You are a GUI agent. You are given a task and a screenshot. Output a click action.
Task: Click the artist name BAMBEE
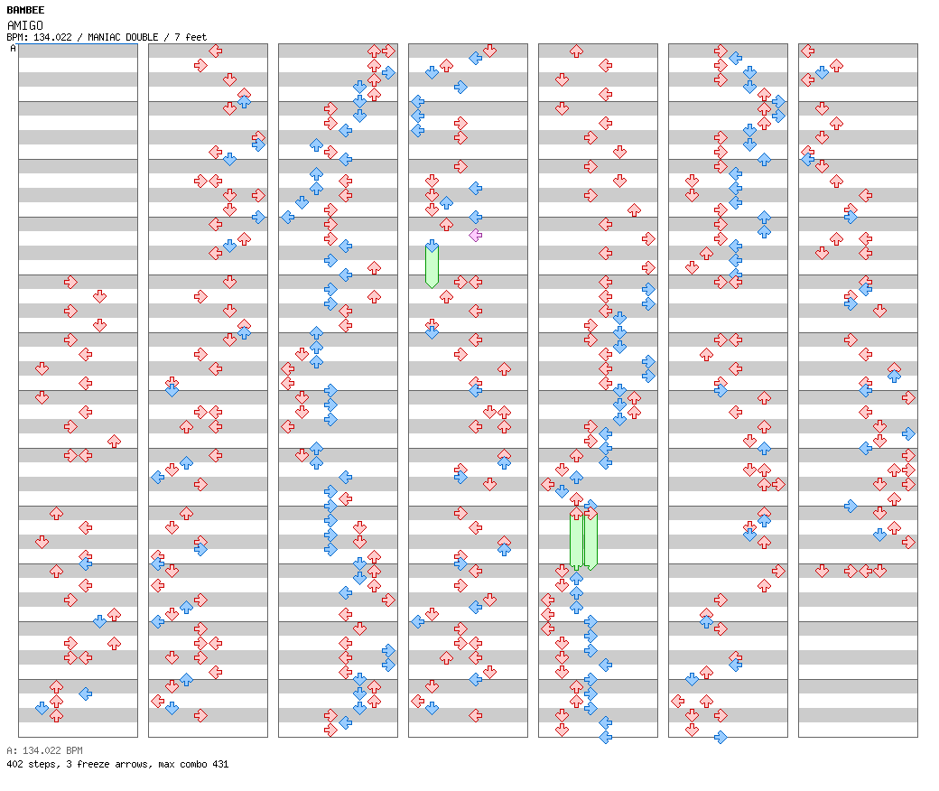[x=25, y=10]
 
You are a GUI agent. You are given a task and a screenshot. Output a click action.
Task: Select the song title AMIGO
[x=25, y=25]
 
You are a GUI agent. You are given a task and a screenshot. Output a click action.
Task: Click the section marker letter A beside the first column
[x=13, y=48]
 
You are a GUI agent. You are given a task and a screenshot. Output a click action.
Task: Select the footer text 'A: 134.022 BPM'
[x=44, y=750]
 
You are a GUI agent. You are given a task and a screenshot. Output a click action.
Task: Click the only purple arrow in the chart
[x=476, y=235]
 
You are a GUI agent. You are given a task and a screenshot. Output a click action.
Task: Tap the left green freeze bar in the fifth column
[x=576, y=540]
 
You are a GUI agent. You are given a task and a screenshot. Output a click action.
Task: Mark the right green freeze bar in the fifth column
[x=590, y=540]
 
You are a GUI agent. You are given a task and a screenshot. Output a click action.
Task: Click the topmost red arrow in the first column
[x=70, y=282]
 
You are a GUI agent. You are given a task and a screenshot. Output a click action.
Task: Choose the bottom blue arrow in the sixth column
[x=721, y=737]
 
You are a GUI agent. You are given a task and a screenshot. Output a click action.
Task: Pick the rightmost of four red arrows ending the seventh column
[x=879, y=572]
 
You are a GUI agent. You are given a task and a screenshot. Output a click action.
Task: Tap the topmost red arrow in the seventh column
[x=808, y=51]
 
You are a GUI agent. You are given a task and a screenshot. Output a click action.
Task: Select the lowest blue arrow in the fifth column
[x=606, y=737]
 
